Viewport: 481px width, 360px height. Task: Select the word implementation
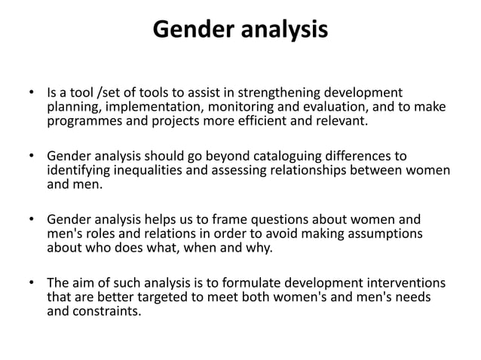point(141,107)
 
